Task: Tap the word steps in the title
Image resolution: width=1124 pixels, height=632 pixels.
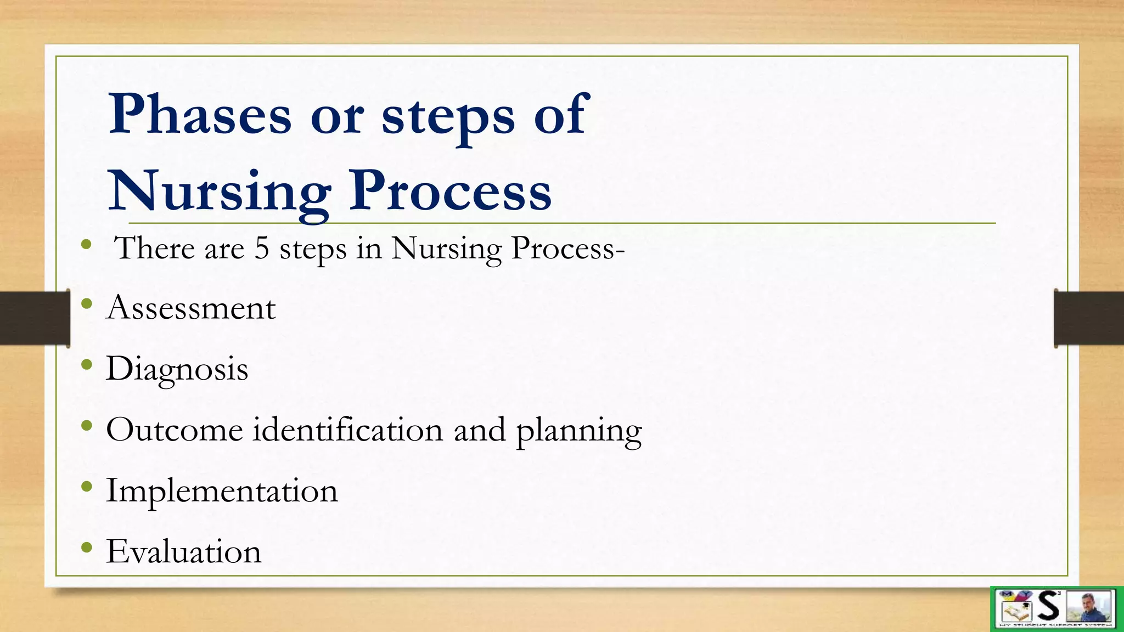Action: click(448, 116)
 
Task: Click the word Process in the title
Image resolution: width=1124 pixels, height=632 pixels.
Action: click(450, 190)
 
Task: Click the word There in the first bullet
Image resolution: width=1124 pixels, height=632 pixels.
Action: click(154, 248)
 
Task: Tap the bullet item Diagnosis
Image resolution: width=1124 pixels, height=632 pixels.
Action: click(177, 369)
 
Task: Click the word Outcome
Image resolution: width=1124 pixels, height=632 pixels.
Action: click(174, 430)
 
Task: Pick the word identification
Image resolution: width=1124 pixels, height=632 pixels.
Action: click(347, 430)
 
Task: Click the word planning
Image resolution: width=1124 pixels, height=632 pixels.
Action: click(578, 431)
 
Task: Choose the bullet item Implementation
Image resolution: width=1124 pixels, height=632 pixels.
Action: click(222, 490)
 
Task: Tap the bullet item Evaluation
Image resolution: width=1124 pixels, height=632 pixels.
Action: click(183, 551)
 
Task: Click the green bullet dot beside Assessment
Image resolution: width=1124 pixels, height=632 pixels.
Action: click(86, 303)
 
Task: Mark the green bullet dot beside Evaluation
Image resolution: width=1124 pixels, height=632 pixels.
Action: click(86, 547)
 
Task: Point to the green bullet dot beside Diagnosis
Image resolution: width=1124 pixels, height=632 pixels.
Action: click(86, 364)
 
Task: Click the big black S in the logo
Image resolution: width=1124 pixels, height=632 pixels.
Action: click(1049, 606)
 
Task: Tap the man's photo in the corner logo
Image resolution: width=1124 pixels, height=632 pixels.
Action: click(1089, 607)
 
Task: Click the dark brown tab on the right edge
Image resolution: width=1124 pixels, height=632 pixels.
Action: click(1089, 318)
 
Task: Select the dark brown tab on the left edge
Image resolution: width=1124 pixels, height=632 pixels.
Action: click(35, 318)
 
